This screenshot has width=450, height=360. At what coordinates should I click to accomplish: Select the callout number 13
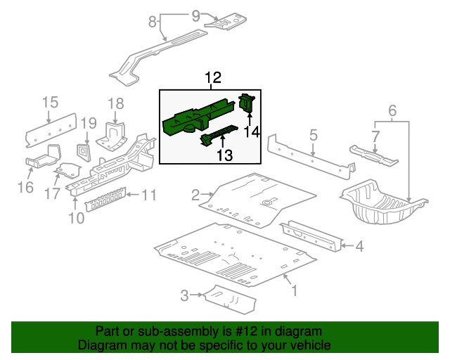(x=224, y=154)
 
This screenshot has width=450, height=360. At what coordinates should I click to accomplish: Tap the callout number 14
(x=252, y=131)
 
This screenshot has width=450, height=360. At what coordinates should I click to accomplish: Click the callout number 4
(x=359, y=246)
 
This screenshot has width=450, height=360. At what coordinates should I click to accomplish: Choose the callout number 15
(x=49, y=103)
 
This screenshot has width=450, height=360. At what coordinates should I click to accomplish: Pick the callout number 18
(x=115, y=103)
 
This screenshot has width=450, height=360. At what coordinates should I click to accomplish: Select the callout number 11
(x=149, y=195)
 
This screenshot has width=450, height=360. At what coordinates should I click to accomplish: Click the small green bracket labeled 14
(x=247, y=103)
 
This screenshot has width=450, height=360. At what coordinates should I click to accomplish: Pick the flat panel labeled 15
(x=51, y=127)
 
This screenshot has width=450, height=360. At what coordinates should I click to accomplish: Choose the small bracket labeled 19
(x=83, y=150)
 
